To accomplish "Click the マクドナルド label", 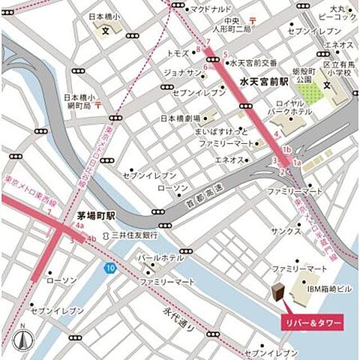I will coord(211,9).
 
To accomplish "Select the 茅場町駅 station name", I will coord(96,215).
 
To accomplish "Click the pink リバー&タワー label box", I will coord(311,321).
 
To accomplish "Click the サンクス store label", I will coord(286,232).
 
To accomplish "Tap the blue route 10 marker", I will coord(110,268).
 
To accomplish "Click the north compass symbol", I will coord(22,338).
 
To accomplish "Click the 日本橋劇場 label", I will coord(180,118).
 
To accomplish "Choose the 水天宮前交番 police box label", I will coord(253,62).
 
